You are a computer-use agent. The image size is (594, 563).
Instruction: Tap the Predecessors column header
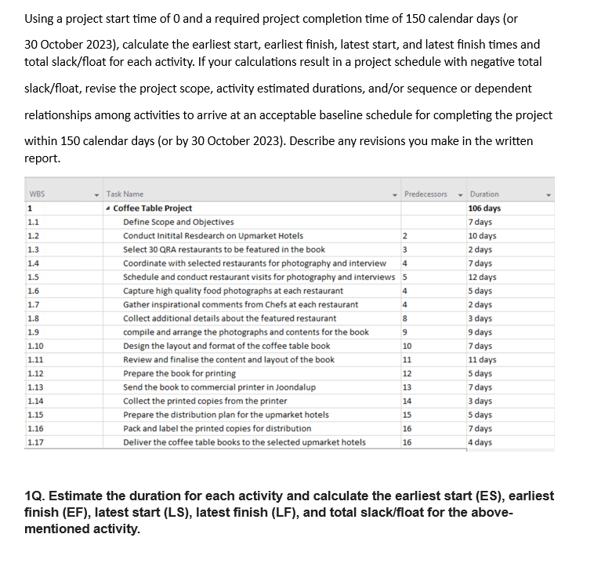pyautogui.click(x=426, y=194)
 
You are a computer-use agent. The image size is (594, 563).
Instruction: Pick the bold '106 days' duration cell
pyautogui.click(x=484, y=208)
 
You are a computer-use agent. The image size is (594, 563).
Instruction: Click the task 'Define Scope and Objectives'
pyautogui.click(x=178, y=222)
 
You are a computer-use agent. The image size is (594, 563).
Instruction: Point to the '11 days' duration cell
pyautogui.click(x=482, y=360)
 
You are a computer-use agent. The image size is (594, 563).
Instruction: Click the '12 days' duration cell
pyautogui.click(x=482, y=277)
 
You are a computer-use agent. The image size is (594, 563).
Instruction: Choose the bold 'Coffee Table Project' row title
pyautogui.click(x=153, y=208)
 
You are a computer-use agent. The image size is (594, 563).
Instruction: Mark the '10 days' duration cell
pyautogui.click(x=482, y=235)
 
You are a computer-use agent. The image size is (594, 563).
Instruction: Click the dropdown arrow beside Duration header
pyautogui.click(x=549, y=194)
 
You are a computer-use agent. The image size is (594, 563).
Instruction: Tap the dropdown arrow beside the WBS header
pyautogui.click(x=96, y=194)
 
